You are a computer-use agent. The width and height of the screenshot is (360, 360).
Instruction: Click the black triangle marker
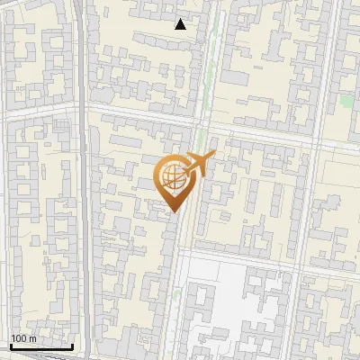pos(181,24)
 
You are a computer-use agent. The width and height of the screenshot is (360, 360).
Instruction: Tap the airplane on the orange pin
pos(197,166)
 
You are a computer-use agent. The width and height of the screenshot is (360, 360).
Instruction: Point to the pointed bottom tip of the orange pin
pos(173,212)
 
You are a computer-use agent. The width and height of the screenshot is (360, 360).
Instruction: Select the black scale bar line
pos(40,346)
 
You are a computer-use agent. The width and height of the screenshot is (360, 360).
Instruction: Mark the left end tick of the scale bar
pos(10,345)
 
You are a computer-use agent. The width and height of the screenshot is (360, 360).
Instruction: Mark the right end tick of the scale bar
pos(72,345)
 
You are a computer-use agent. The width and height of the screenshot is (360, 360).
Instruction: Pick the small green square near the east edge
pos(346,100)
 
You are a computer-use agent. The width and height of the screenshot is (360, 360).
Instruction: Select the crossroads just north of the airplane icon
pos(203,127)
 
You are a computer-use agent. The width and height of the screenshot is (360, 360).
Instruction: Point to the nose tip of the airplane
pos(215,155)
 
